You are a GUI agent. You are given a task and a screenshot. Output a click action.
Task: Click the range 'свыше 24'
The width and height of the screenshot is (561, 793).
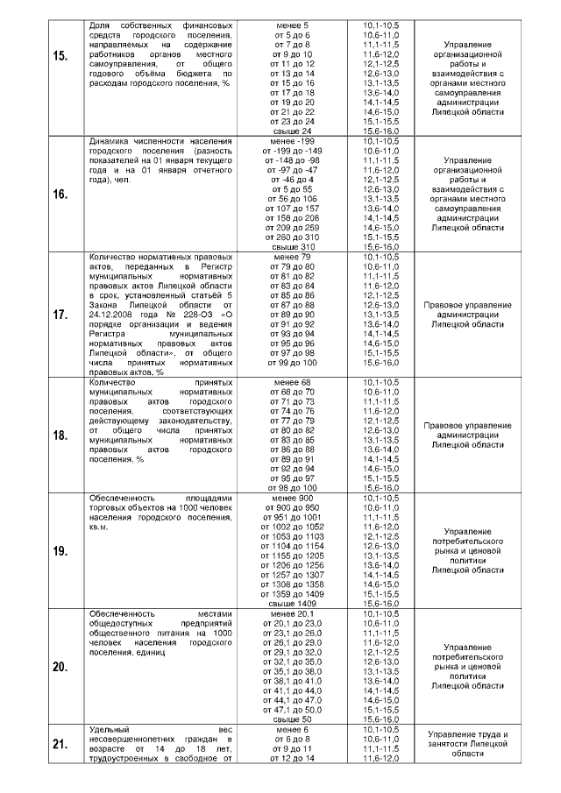(294, 131)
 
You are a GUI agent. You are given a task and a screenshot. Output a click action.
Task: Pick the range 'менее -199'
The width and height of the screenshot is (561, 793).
(294, 141)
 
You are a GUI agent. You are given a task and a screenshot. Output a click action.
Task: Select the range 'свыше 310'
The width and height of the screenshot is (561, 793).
(294, 246)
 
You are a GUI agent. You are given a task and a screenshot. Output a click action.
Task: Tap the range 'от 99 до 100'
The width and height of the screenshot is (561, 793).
(294, 362)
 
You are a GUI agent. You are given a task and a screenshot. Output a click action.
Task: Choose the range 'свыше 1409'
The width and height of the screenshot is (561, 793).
(294, 604)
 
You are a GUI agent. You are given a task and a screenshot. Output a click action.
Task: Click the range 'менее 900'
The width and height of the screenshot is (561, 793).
(294, 498)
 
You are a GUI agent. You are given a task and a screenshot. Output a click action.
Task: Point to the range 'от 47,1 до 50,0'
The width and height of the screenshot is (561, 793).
(294, 709)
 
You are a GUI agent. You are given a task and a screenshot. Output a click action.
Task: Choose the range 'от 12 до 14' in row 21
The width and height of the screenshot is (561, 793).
(294, 758)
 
